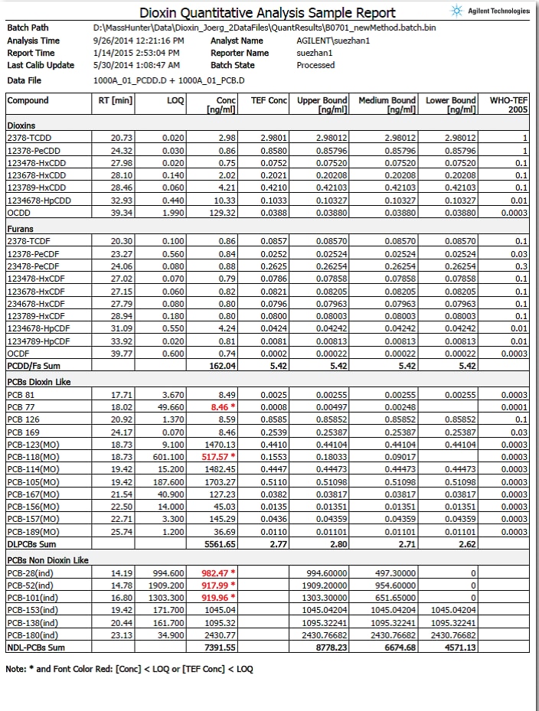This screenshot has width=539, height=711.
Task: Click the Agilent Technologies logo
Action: (x=491, y=11)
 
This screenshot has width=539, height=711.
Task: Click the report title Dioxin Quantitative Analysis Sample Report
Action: (x=267, y=13)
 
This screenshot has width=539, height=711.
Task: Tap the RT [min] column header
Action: (x=117, y=100)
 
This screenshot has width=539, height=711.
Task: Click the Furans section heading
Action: (x=21, y=227)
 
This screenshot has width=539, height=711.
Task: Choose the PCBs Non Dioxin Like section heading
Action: (x=47, y=560)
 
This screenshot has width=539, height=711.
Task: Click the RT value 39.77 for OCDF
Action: (x=121, y=353)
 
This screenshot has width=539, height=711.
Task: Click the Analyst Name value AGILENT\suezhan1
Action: (x=333, y=41)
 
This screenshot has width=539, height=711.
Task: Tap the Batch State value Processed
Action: (x=315, y=65)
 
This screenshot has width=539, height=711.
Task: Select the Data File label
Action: (x=24, y=80)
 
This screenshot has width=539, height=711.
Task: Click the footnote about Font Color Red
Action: (x=129, y=669)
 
